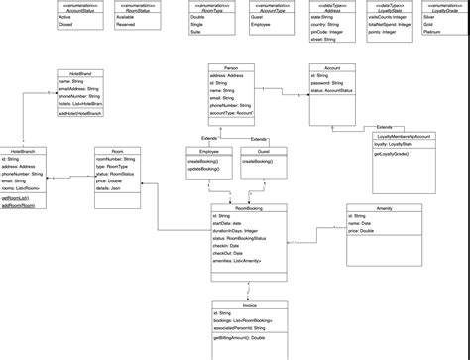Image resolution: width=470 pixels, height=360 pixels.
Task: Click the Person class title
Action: point(231,67)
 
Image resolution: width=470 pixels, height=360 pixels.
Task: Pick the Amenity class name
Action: point(385,207)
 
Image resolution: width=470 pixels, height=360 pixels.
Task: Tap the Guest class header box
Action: point(263,149)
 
